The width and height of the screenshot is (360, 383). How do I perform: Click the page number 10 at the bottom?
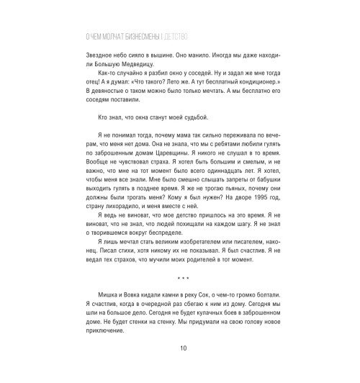click(180, 369)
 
